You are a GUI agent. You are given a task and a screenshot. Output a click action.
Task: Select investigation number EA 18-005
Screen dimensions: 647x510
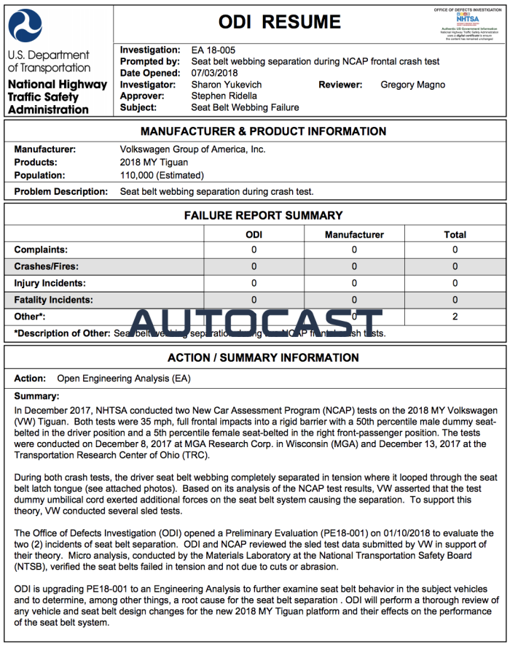(x=213, y=50)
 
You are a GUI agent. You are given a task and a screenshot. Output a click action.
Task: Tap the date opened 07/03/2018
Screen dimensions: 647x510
(x=215, y=73)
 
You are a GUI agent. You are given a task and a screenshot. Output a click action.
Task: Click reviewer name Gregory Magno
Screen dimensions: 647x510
(x=412, y=85)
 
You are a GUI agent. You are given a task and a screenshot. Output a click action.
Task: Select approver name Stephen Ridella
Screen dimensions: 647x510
(x=224, y=96)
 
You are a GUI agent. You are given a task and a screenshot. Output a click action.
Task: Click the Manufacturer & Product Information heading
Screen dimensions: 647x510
(x=263, y=131)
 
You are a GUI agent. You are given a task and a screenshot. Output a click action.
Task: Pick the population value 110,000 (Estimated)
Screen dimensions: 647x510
(x=162, y=175)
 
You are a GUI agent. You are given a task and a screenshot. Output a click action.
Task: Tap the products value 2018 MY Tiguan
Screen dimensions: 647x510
(x=154, y=162)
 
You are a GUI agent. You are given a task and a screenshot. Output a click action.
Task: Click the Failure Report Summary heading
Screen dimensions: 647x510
(x=263, y=216)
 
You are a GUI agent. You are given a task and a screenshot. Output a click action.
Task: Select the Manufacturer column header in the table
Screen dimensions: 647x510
(x=354, y=234)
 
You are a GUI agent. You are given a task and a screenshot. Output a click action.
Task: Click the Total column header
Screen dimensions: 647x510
(x=455, y=234)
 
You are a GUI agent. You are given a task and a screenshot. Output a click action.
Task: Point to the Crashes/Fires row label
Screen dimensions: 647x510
(x=47, y=266)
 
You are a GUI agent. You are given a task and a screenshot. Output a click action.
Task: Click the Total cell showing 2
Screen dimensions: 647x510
(x=455, y=317)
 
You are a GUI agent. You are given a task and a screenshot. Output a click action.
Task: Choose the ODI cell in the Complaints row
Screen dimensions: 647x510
(x=254, y=249)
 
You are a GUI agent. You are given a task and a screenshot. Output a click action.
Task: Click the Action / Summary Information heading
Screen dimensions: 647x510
(x=263, y=358)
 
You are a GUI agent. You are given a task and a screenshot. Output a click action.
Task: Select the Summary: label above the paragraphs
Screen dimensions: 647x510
(x=36, y=396)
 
